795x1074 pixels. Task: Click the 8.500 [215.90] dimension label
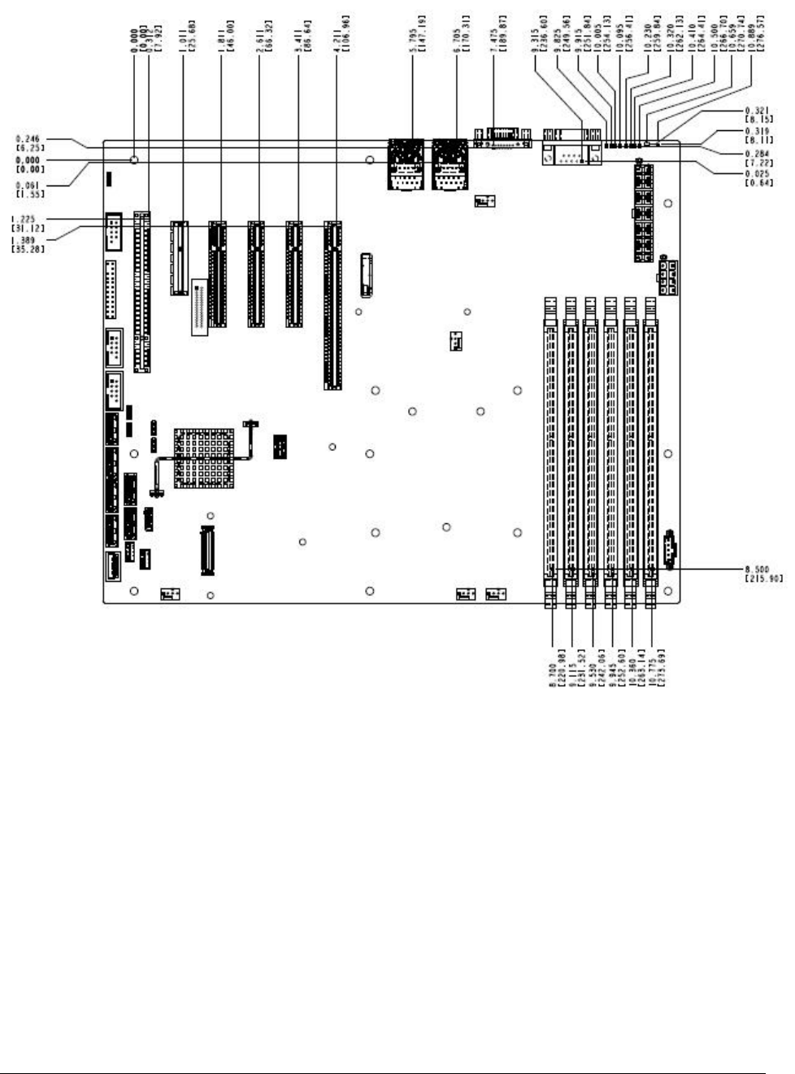763,574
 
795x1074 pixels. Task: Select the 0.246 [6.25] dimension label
28,144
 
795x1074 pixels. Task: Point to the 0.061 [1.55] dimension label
28,190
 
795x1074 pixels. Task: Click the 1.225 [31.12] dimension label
28,224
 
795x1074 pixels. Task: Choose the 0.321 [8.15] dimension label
759,115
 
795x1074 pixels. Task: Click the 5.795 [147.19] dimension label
417,36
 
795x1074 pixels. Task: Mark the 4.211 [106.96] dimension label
339,36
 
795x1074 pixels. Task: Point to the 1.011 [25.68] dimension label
183,36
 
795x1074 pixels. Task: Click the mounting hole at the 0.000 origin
134,161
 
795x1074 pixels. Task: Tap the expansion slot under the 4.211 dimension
332,305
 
